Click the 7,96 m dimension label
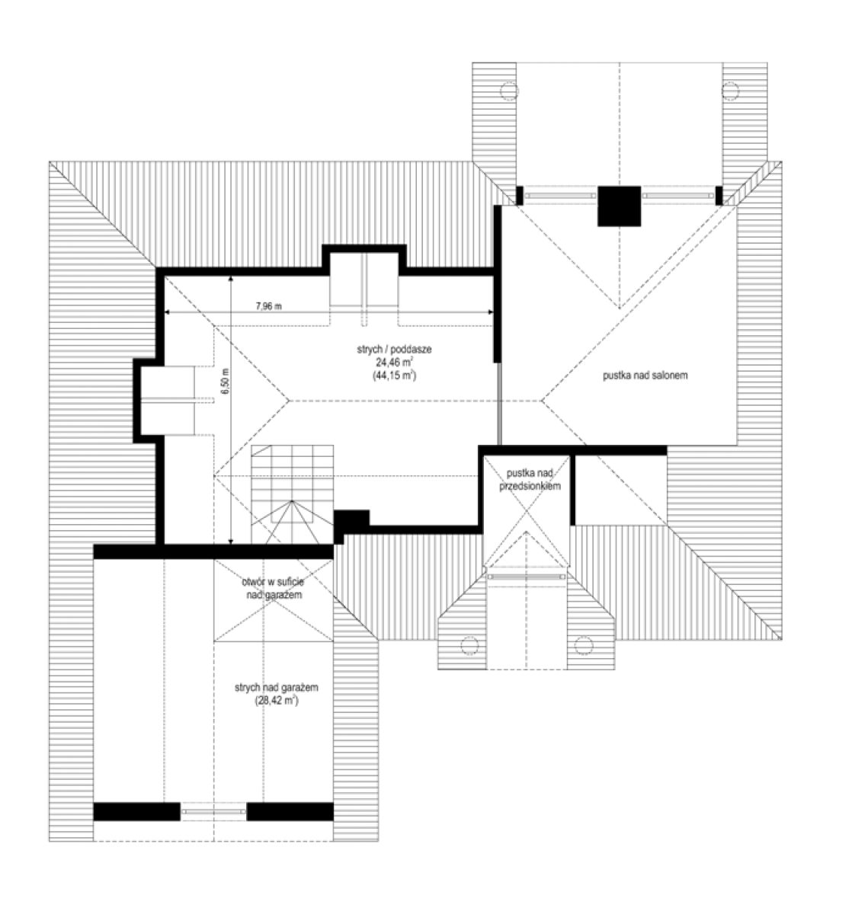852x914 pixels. pyautogui.click(x=268, y=306)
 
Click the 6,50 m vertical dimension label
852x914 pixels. pyautogui.click(x=225, y=381)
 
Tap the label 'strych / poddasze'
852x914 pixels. pyautogui.click(x=394, y=350)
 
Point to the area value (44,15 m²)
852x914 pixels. pyautogui.click(x=394, y=376)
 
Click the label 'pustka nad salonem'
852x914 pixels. pyautogui.click(x=645, y=376)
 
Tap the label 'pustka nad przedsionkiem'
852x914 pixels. pyautogui.click(x=530, y=479)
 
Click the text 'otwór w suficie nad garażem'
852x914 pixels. pyautogui.click(x=274, y=588)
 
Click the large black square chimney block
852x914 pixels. pyautogui.click(x=619, y=206)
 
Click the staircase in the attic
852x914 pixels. pyautogui.click(x=292, y=494)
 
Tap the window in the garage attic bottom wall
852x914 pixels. pyautogui.click(x=213, y=811)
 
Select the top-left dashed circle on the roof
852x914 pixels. pyautogui.click(x=509, y=91)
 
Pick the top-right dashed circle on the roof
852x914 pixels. pyautogui.click(x=729, y=91)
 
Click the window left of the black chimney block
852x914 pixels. pyautogui.click(x=560, y=196)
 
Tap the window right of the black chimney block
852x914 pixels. pyautogui.click(x=677, y=196)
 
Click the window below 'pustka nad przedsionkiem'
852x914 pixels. pyautogui.click(x=526, y=576)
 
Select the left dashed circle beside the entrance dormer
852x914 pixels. pyautogui.click(x=469, y=645)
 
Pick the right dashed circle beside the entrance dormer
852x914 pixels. pyautogui.click(x=583, y=645)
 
